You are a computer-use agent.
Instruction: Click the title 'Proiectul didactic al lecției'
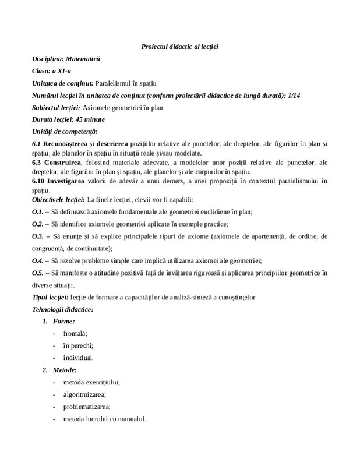(x=179, y=46)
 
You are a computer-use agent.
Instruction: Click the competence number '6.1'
(x=36, y=144)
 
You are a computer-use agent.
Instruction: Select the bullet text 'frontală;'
(x=75, y=333)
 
